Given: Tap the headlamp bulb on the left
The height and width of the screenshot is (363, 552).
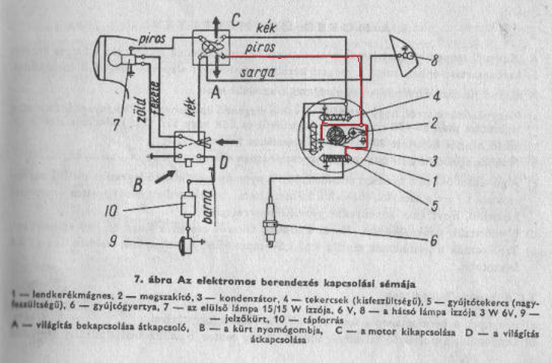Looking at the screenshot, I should (x=116, y=59).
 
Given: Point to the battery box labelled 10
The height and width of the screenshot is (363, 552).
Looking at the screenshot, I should (x=188, y=204).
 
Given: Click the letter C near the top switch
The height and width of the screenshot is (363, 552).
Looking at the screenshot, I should (x=235, y=19).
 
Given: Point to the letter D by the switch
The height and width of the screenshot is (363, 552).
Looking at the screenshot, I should (x=223, y=163).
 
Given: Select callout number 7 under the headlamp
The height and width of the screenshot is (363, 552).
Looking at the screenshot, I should (x=116, y=125).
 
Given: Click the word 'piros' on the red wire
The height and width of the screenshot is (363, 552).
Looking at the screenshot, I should (x=260, y=47).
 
